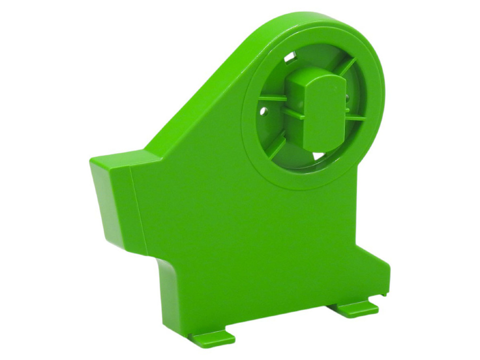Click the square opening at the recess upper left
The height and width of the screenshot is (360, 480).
click(292, 55)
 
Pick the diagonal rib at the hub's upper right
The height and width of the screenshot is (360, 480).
click(349, 67)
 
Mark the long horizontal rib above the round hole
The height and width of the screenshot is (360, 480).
click(272, 98)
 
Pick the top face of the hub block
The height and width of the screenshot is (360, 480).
click(309, 74)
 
